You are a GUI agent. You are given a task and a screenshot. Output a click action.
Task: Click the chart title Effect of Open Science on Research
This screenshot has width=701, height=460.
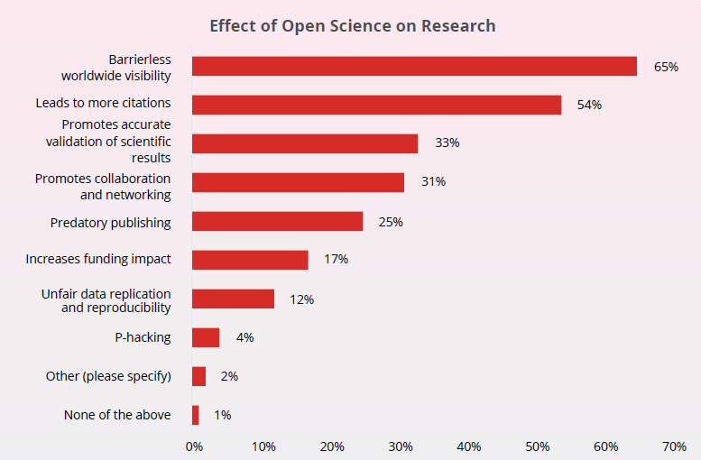[352, 25]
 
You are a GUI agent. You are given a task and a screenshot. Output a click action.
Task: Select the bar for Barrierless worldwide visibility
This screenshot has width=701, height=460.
[414, 66]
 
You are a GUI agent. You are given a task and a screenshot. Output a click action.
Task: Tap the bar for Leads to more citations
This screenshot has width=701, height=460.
[376, 105]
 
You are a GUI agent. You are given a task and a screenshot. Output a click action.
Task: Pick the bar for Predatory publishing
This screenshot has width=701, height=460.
[277, 221]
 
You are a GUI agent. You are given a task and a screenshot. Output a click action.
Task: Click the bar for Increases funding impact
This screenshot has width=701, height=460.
[250, 260]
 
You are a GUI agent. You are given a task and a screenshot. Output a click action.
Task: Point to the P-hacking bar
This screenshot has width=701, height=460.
[206, 337]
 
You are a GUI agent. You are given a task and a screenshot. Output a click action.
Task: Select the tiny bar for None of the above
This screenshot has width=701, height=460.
[196, 415]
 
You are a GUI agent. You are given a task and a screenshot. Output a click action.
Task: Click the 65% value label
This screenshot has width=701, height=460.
[666, 67]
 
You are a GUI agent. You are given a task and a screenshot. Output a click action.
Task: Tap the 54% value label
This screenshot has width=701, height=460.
[589, 105]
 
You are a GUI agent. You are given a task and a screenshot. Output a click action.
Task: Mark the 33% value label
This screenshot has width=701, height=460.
[447, 143]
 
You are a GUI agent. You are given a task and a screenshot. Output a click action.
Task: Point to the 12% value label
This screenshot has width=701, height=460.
[301, 299]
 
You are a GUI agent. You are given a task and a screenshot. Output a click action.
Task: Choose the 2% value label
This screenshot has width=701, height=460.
[229, 376]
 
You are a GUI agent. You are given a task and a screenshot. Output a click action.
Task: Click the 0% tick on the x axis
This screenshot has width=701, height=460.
[194, 446]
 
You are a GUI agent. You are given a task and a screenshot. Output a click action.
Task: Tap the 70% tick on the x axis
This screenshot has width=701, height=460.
[674, 446]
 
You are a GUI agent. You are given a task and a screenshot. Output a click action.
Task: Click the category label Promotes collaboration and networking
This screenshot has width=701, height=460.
[102, 186]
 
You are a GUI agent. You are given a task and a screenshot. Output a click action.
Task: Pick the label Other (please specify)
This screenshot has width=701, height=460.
[108, 376]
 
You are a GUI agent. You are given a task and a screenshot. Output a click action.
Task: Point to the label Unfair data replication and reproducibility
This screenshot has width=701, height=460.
[106, 301]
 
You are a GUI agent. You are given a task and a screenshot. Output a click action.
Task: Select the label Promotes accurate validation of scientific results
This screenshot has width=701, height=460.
[108, 142]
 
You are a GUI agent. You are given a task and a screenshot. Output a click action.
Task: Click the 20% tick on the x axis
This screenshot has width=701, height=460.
[331, 446]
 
